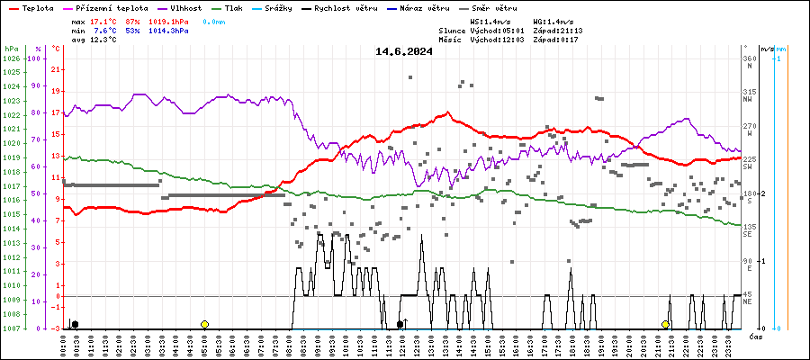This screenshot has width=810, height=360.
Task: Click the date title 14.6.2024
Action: click(x=404, y=51)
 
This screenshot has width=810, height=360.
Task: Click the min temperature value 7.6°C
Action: click(x=104, y=31)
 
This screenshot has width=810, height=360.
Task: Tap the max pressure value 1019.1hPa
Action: click(x=170, y=21)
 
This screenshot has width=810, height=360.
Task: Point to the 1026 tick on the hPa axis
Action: click(x=11, y=58)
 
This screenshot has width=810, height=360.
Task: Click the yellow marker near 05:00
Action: click(x=205, y=324)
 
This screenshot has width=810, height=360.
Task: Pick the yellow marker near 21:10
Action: click(x=665, y=324)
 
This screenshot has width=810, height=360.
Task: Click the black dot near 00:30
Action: click(x=75, y=324)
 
